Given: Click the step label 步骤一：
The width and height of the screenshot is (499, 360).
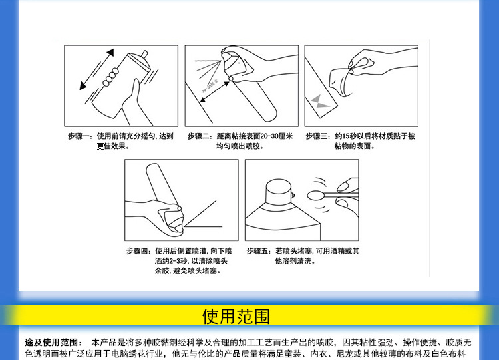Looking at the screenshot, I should pos(81,136).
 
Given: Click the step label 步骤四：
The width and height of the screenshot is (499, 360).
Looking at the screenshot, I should pos(140,251).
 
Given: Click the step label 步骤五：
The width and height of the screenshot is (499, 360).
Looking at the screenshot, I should pos(259,251).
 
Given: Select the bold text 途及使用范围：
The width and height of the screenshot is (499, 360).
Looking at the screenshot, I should pos(54,341).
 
